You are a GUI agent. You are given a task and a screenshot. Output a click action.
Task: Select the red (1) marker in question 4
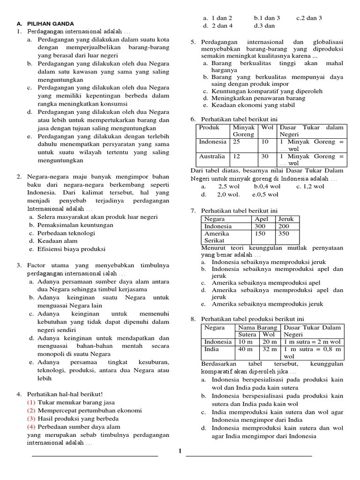[31, 403]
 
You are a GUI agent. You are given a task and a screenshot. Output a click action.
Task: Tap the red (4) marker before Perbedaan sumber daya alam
[31, 427]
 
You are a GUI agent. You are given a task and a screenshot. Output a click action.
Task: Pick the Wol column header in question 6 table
[267, 127]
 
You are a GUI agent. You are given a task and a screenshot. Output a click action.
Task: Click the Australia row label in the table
[212, 156]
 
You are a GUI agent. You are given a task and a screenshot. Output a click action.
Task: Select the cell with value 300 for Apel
[260, 226]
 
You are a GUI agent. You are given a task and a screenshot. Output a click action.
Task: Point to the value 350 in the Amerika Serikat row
[284, 233]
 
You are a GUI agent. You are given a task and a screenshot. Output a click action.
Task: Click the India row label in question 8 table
[211, 349]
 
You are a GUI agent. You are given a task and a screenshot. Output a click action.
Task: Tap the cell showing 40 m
[245, 349]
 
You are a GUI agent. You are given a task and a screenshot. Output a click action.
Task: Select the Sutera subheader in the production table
[247, 335]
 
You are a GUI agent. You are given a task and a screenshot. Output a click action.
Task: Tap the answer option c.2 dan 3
[309, 18]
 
